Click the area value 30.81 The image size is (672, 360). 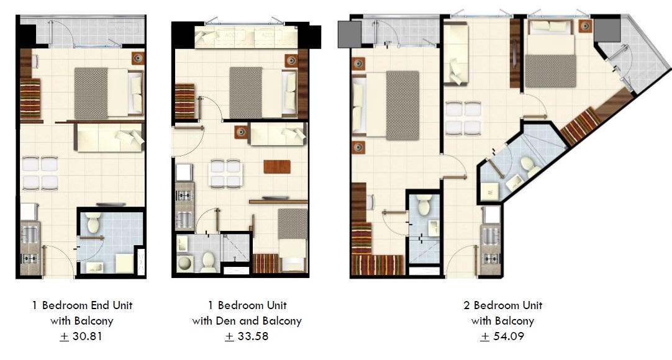88,336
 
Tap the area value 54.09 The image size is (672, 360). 509,336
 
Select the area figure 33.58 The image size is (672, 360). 253,336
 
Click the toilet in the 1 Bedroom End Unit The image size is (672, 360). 93,222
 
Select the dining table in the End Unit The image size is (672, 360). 40,173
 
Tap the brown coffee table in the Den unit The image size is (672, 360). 277,166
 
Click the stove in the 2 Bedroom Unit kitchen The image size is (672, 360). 491,258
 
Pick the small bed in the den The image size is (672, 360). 293,240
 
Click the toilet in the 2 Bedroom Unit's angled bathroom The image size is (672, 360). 530,166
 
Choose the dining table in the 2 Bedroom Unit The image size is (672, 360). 463,118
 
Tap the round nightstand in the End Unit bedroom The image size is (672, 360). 138,58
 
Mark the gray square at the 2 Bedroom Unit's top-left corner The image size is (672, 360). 350,34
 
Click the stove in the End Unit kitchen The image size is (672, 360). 29,258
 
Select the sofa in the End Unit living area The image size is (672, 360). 110,137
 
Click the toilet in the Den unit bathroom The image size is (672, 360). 209,262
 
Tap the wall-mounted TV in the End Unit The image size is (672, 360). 111,205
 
